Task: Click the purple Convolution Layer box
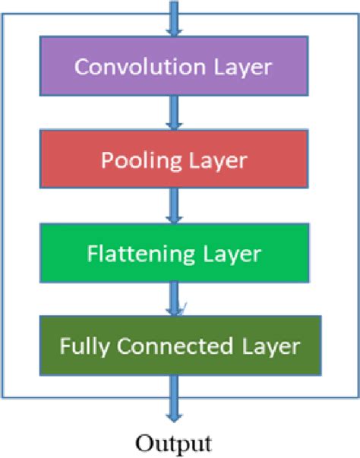[x=172, y=66]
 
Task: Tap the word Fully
[x=78, y=347]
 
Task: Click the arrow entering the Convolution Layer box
[x=175, y=19]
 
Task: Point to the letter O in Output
[x=143, y=441]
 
